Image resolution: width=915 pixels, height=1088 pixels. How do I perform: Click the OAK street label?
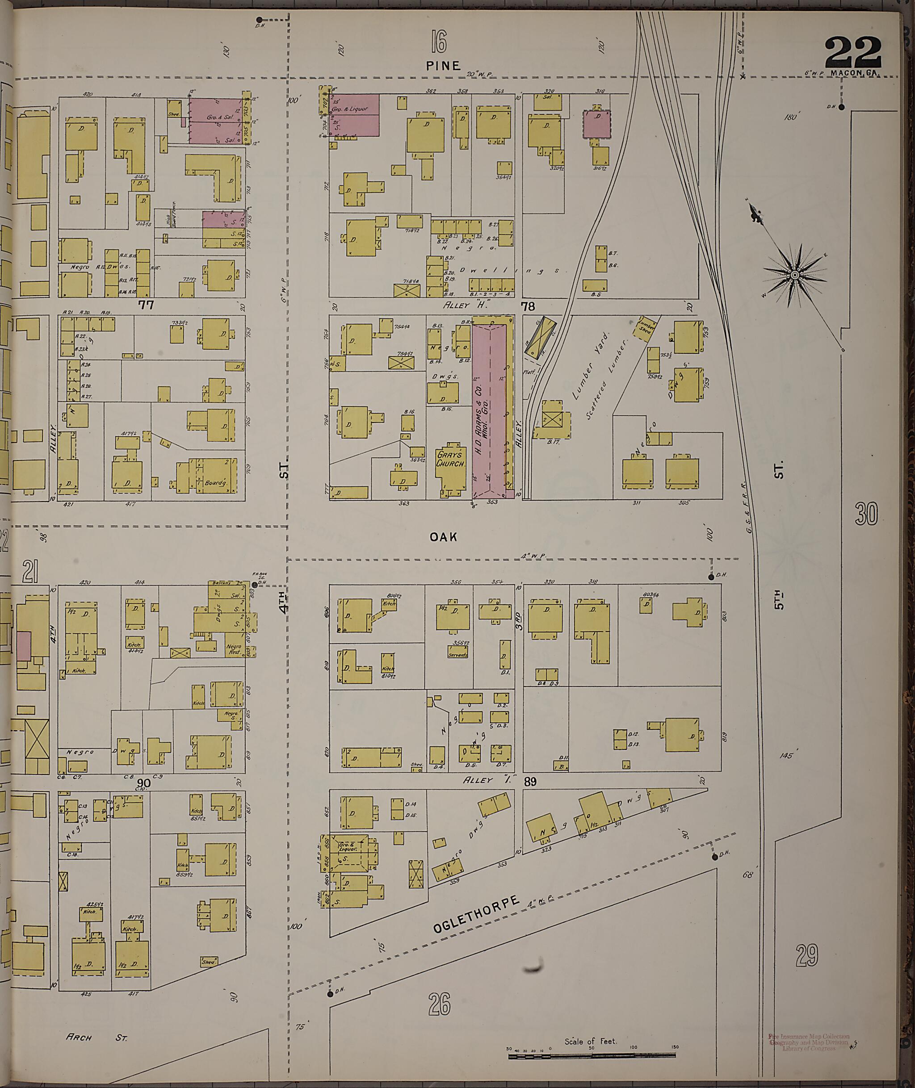pyautogui.click(x=444, y=537)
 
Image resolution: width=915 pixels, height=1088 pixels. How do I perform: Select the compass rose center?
pyautogui.click(x=794, y=274)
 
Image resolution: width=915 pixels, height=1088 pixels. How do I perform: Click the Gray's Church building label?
pyautogui.click(x=450, y=460)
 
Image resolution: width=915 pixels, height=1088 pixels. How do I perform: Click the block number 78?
pyautogui.click(x=528, y=306)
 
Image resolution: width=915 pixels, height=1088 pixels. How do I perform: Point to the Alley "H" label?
pyautogui.click(x=466, y=305)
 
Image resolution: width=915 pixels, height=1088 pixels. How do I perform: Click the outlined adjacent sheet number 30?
pyautogui.click(x=867, y=514)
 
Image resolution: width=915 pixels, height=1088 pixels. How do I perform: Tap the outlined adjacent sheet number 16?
pyautogui.click(x=438, y=42)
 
